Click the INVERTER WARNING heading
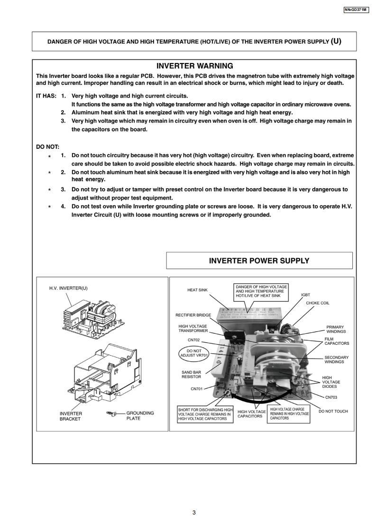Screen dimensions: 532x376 click(194, 66)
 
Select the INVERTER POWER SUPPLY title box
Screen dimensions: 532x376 click(259, 260)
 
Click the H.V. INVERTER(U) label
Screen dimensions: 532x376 click(68, 288)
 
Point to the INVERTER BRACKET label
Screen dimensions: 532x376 click(71, 416)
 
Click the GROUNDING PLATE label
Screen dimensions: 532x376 click(140, 416)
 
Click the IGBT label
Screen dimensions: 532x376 click(306, 295)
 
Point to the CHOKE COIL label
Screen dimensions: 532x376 click(317, 303)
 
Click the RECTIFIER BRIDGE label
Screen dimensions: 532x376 click(193, 315)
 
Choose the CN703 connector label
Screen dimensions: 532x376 click(330, 397)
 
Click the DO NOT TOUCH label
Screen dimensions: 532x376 click(333, 411)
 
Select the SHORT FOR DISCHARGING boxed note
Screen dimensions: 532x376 click(205, 414)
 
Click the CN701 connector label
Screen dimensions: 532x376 click(197, 389)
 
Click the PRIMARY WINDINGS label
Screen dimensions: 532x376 click(335, 329)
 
